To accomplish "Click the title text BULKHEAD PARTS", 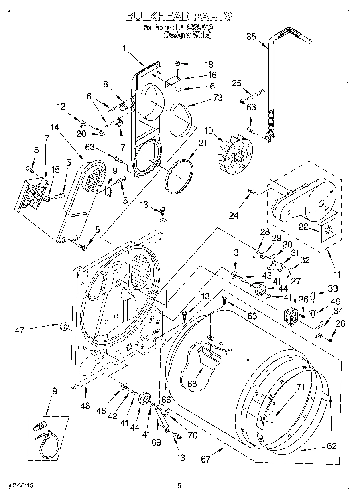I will click(x=179, y=16).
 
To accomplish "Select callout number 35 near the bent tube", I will click(x=251, y=36).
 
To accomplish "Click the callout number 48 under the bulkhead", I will click(x=85, y=406).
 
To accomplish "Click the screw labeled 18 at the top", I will click(x=178, y=63).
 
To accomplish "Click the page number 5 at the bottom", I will click(x=180, y=486).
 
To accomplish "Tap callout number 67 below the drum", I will click(x=205, y=459).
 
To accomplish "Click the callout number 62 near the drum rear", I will click(x=332, y=446).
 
